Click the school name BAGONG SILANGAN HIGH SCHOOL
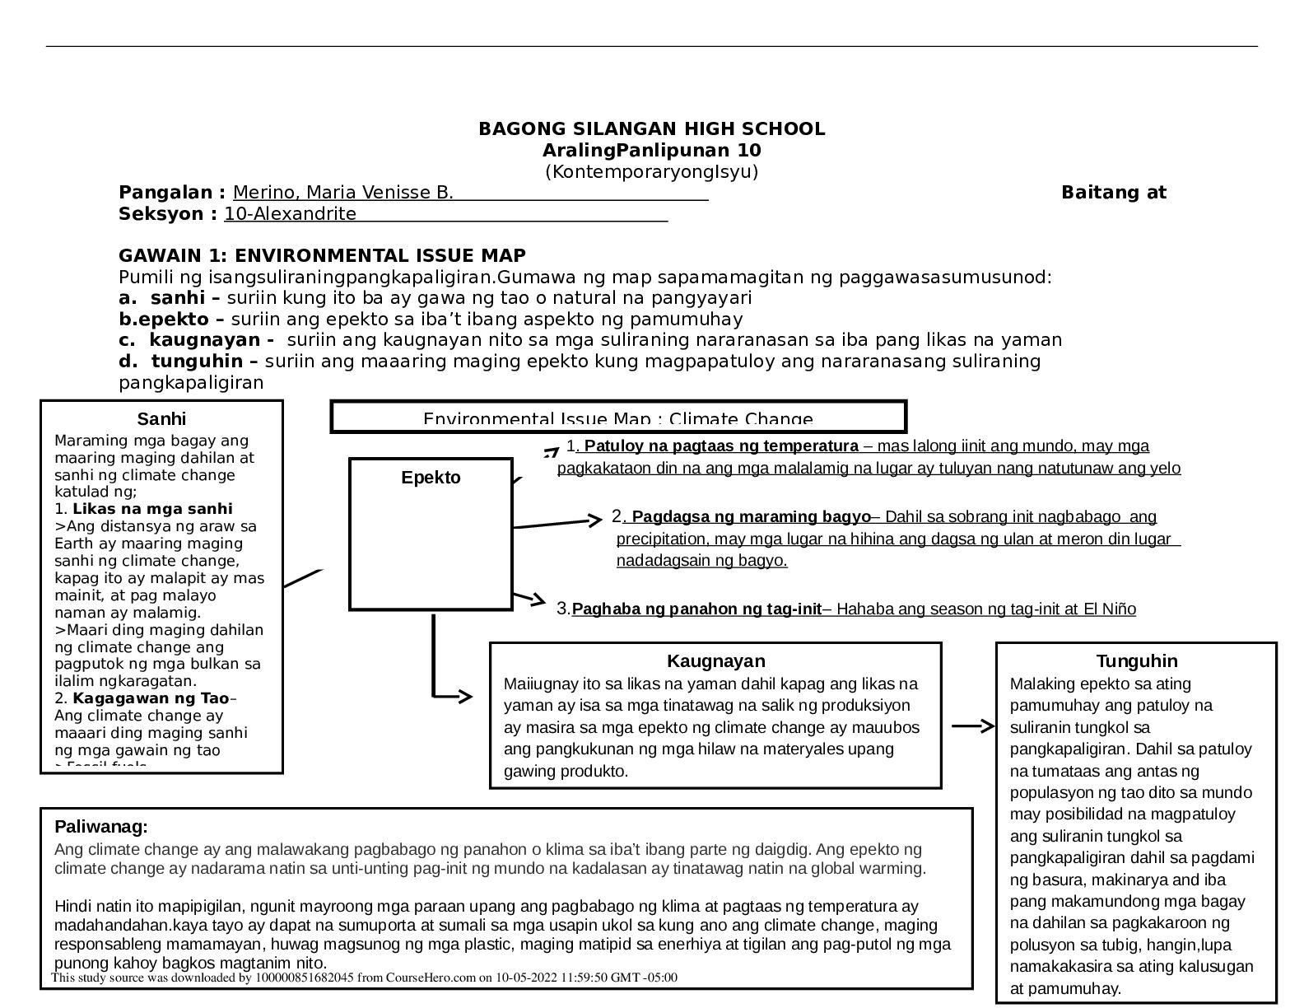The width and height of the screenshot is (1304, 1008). click(651, 129)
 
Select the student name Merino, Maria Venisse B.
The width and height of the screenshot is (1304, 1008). click(342, 194)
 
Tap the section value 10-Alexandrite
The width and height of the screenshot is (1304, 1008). click(290, 215)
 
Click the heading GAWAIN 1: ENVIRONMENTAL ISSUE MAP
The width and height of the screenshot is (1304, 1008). click(322, 256)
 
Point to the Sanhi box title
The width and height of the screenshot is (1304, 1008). click(161, 419)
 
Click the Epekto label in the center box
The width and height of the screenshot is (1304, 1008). click(431, 478)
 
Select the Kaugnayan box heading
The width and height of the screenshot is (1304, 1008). click(715, 661)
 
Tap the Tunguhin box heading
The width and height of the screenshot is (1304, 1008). click(1136, 661)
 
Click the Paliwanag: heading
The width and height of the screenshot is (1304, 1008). click(101, 828)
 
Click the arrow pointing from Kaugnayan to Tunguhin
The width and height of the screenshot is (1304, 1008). click(973, 726)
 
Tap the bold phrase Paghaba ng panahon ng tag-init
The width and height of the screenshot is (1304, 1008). click(696, 610)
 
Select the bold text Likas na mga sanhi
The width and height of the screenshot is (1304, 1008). click(152, 509)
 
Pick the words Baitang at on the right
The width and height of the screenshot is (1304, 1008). click(1113, 194)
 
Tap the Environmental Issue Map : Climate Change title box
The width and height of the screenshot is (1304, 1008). click(618, 418)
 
